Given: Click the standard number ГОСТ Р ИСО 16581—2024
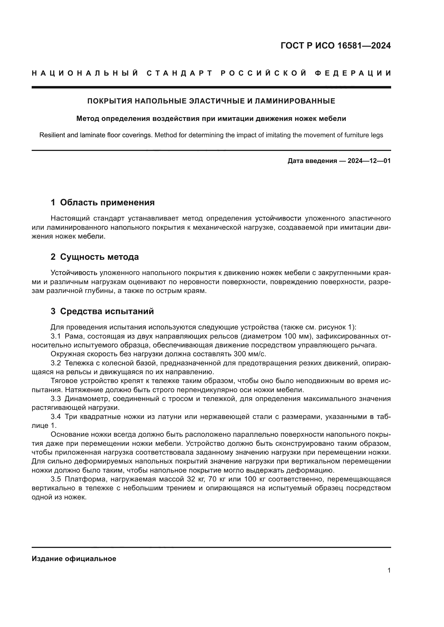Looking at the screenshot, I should point(336,46).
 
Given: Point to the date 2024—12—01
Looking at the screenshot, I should point(369,161).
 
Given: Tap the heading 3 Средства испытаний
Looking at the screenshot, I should point(102,311).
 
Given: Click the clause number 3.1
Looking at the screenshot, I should point(56,336).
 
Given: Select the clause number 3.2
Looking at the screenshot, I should point(56,363).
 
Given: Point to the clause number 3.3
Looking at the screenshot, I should point(56,399).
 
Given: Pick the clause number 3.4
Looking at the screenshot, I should point(56,417).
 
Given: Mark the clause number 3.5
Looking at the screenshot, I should point(56,479).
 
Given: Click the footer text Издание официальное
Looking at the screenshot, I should point(74,559).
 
